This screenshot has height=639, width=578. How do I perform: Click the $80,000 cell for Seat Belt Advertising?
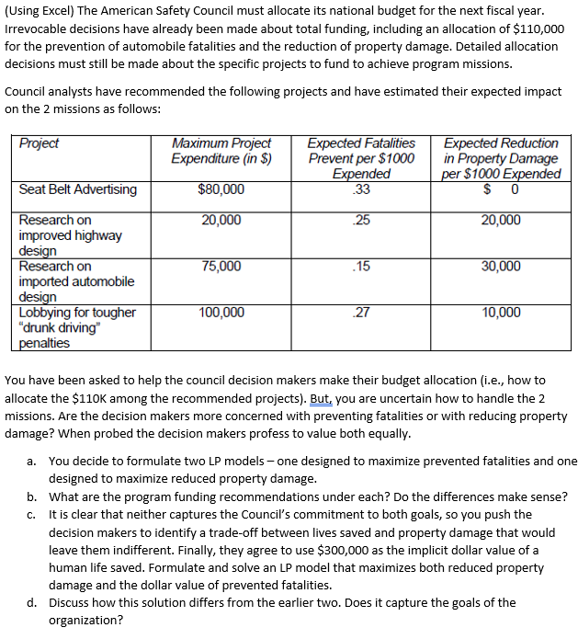point(221,189)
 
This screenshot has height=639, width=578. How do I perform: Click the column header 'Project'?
point(39,143)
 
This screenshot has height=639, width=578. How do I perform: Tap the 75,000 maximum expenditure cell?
point(221,267)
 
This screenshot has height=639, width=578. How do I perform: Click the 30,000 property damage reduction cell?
point(500,267)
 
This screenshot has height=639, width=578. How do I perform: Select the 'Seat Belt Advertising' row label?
point(78,189)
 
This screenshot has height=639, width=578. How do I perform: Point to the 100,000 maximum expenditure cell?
point(221,313)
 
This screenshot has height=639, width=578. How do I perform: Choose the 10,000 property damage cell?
point(500,313)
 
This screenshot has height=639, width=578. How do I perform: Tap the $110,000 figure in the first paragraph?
point(537,29)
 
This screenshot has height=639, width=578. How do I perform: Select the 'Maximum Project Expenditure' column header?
point(221,151)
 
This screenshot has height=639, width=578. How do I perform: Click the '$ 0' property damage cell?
point(500,189)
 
